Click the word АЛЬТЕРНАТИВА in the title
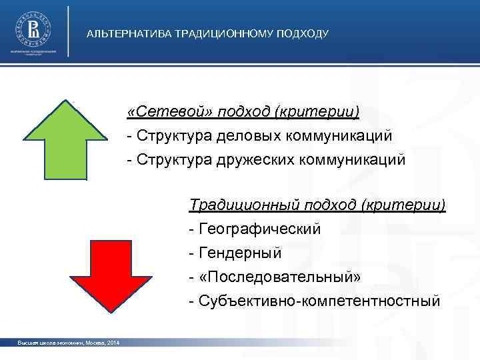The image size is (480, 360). (129, 33)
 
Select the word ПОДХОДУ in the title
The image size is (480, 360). (303, 33)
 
